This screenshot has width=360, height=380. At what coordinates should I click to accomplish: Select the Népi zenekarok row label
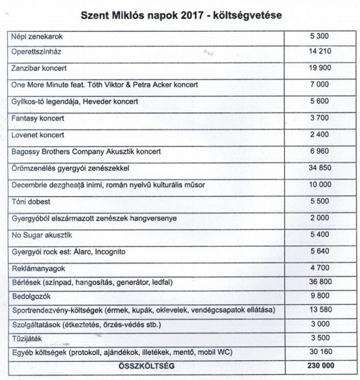click(x=37, y=37)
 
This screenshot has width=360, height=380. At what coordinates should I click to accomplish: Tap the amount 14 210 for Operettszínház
click(x=319, y=52)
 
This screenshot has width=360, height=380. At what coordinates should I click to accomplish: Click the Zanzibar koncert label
click(x=39, y=68)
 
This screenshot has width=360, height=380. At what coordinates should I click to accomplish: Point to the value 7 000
click(x=319, y=84)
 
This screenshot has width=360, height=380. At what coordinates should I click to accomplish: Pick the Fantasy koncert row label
click(x=38, y=118)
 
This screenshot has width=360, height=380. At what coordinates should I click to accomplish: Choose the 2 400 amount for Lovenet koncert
click(x=319, y=135)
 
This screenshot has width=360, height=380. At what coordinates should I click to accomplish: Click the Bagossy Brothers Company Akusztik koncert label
click(x=86, y=151)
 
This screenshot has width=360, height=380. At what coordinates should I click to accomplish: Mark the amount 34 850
click(x=319, y=168)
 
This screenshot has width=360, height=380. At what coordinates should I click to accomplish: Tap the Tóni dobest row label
click(x=31, y=201)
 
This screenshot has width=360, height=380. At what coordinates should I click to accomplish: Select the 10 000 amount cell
click(x=319, y=185)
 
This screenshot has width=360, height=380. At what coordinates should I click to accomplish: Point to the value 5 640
click(x=319, y=251)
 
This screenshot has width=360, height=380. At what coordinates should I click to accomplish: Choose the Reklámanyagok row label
click(x=38, y=268)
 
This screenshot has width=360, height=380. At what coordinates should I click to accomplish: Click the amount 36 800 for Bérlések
click(x=319, y=281)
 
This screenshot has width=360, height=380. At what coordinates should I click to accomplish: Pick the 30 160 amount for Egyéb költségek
click(x=319, y=351)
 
